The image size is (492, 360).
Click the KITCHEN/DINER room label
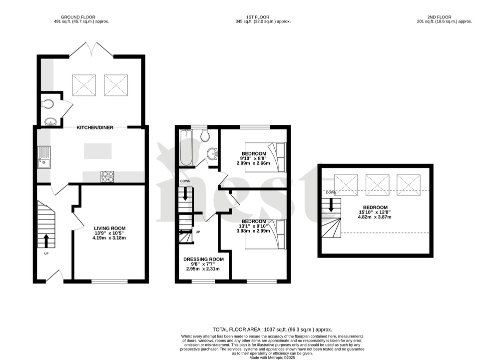point(94,127)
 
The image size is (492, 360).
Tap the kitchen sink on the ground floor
point(44,156)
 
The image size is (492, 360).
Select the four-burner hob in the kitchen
point(107,176)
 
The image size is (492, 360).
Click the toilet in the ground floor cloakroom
point(48,103)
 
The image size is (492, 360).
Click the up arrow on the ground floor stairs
point(46,240)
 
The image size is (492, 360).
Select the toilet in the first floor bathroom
point(204,135)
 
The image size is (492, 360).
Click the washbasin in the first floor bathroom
point(213,154)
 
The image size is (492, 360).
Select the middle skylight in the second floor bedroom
point(378,184)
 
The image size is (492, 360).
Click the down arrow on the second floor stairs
point(330,205)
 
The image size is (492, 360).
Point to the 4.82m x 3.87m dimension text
point(375,217)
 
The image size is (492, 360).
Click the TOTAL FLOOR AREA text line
point(272,329)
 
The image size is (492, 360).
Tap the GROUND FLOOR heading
point(81,16)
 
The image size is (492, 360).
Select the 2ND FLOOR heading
point(444,16)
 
